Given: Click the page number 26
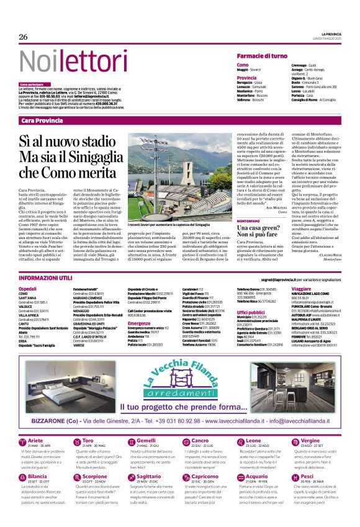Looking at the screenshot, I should (24, 37).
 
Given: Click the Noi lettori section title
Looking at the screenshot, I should (69, 61).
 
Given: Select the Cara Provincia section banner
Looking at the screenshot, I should (43, 119).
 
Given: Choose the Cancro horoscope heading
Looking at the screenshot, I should (200, 441).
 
